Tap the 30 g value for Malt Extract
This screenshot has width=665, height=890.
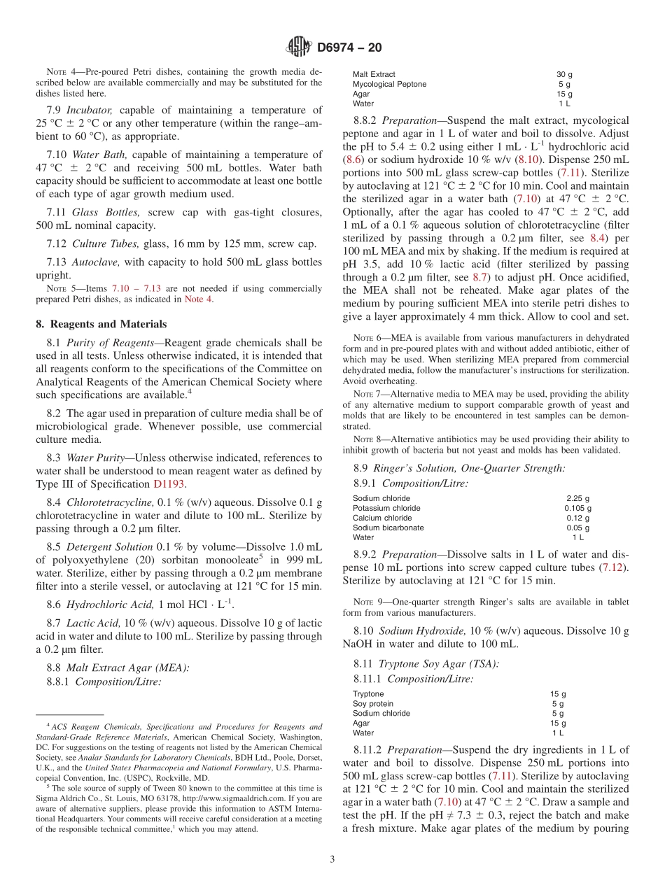click(x=564, y=74)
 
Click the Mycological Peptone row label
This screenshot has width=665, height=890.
click(x=389, y=84)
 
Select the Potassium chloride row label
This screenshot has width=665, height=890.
click(x=386, y=508)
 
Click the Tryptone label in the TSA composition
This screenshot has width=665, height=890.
click(x=368, y=694)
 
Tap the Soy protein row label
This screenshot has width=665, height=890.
click(x=372, y=704)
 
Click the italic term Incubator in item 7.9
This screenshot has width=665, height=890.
click(x=99, y=110)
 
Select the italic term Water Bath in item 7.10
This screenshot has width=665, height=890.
click(x=104, y=155)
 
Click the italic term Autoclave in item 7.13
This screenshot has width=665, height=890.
click(x=97, y=262)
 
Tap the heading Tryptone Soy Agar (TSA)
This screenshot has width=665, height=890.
click(x=438, y=663)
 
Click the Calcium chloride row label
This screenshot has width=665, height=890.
click(x=382, y=518)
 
